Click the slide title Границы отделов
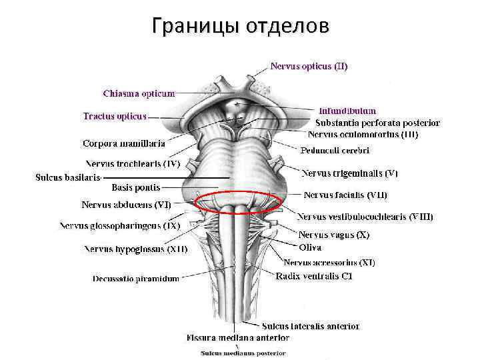240,26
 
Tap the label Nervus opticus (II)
308,66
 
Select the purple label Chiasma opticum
139,93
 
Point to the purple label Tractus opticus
114,116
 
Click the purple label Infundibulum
347,111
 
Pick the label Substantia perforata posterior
377,123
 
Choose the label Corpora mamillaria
124,143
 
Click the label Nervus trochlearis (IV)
133,163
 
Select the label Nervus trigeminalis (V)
350,173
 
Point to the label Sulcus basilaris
67,177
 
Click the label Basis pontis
135,187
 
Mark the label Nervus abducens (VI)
126,205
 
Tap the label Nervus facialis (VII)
345,195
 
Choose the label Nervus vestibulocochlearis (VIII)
365,217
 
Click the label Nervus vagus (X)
333,235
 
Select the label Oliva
310,247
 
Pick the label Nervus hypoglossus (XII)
135,249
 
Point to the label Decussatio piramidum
135,279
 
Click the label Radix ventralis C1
314,276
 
